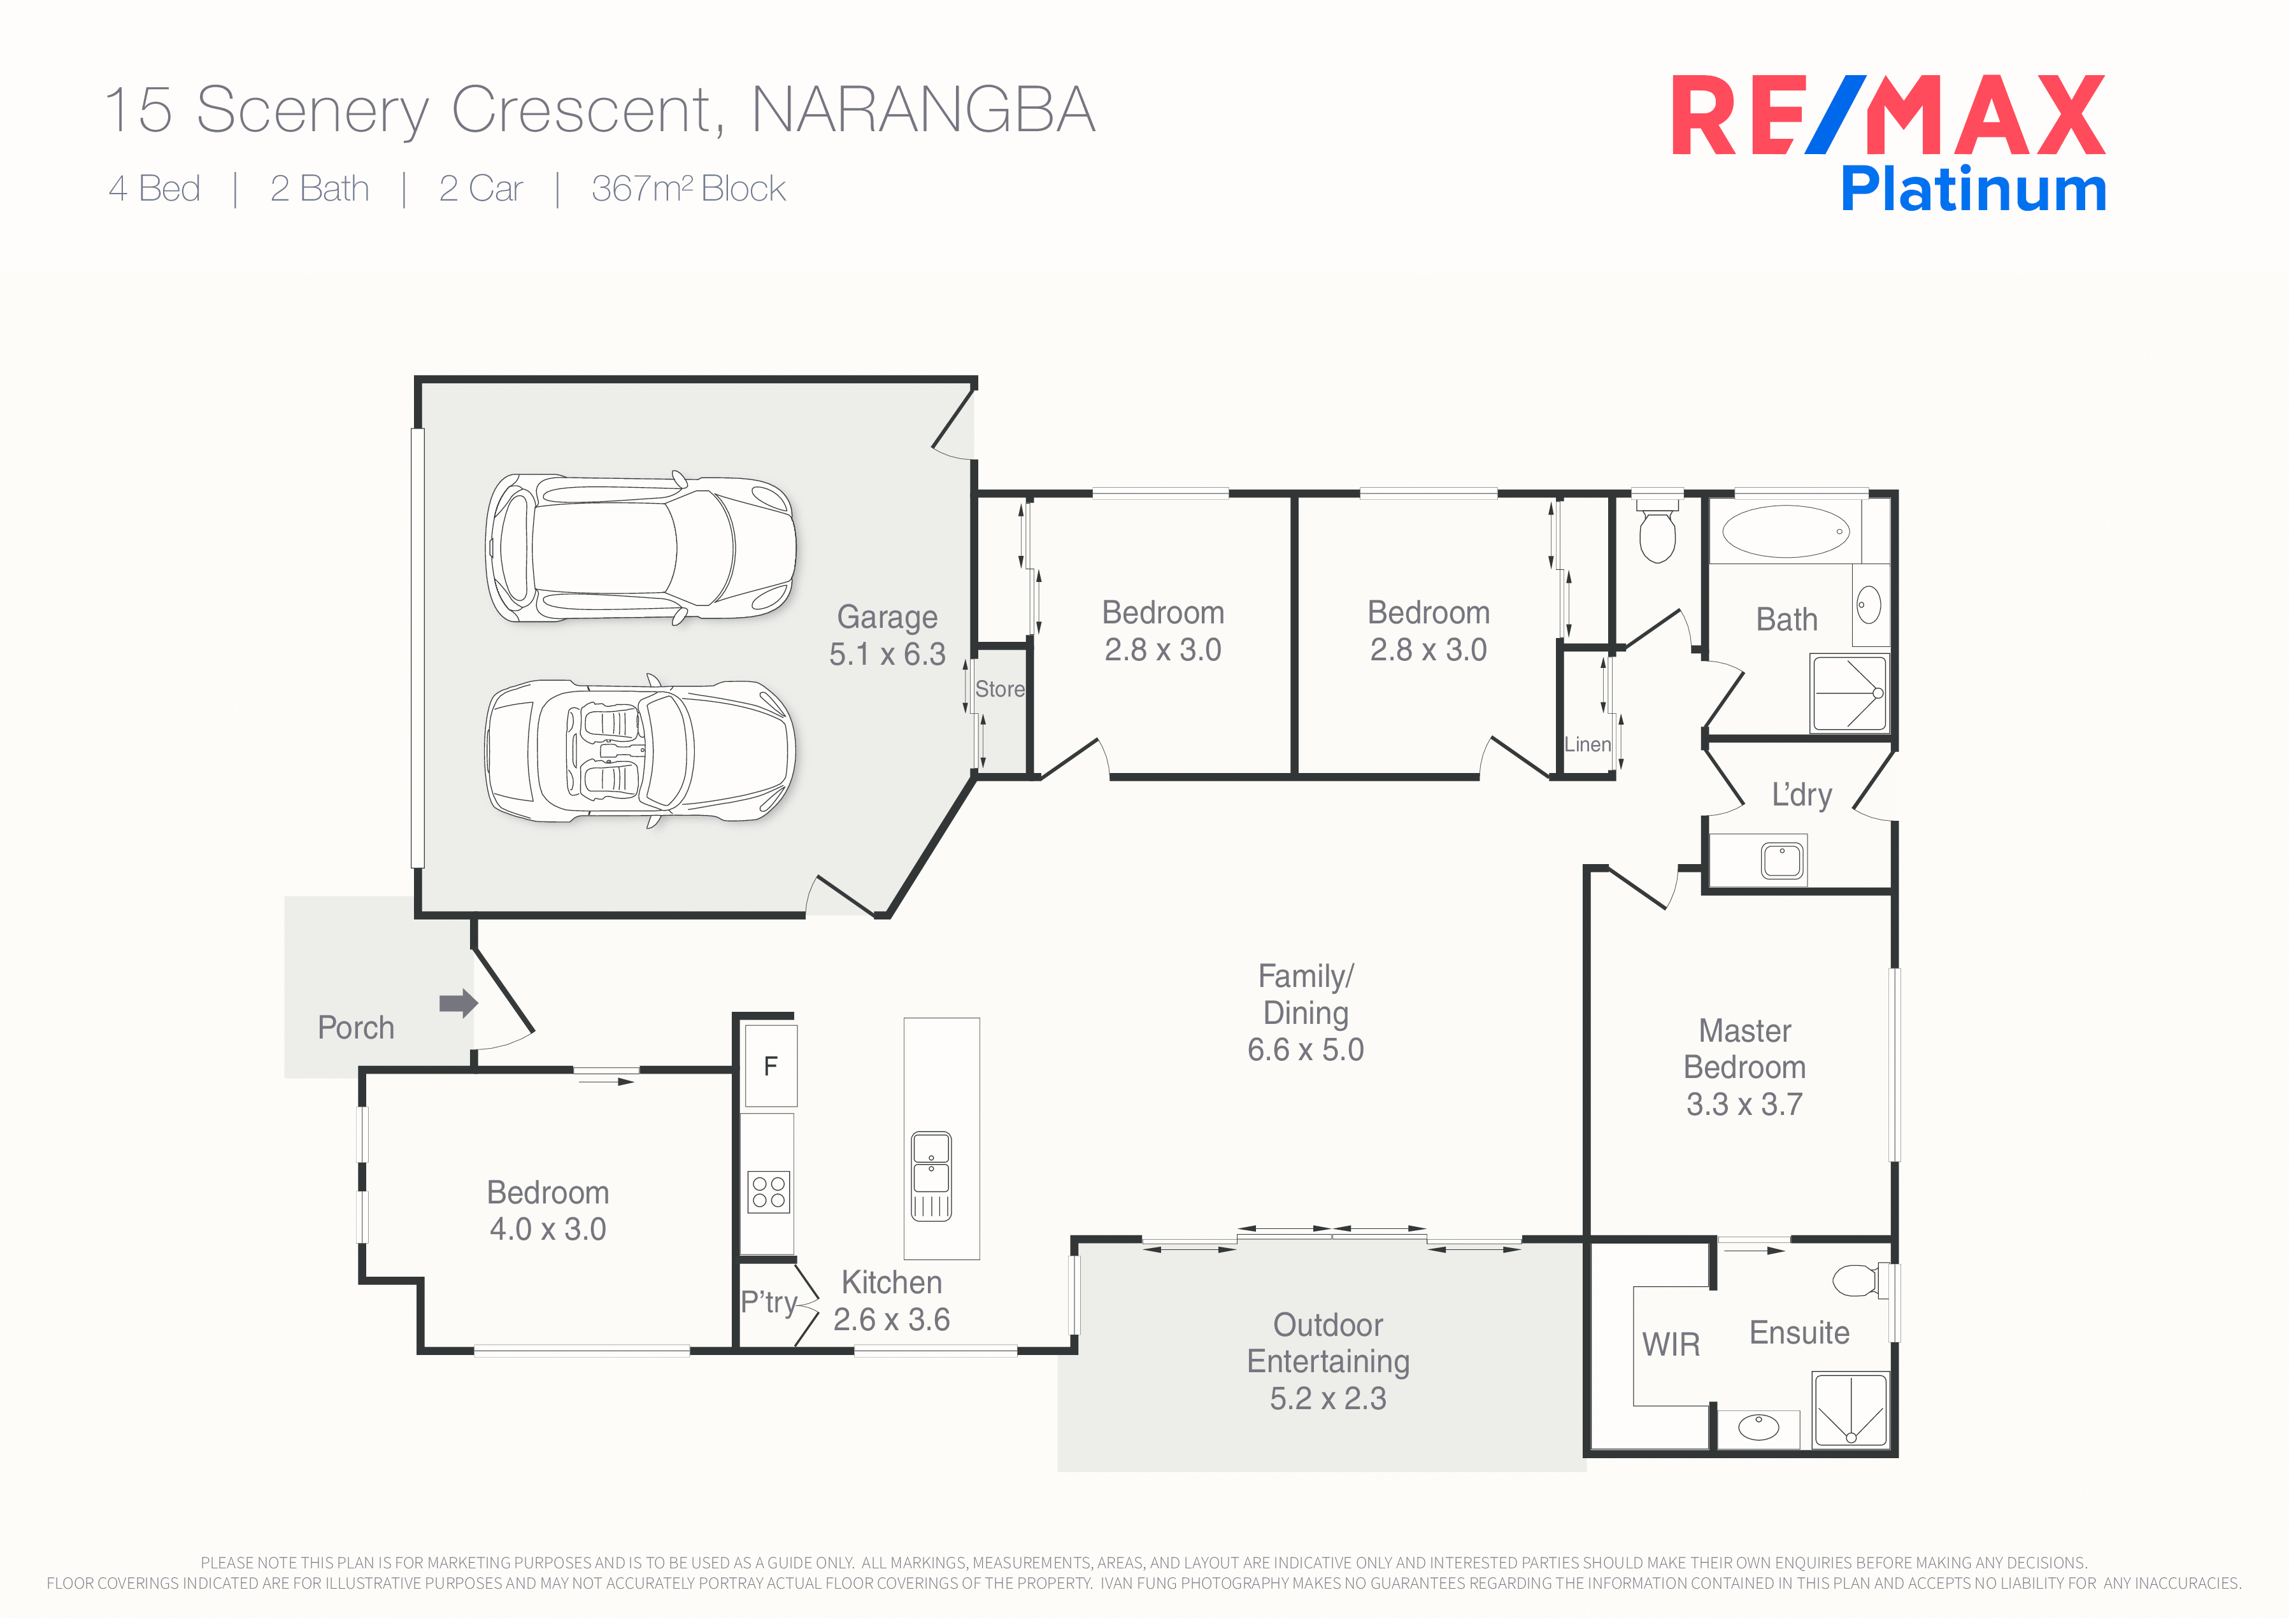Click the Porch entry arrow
click(457, 1003)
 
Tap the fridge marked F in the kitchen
click(771, 1066)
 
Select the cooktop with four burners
click(769, 1191)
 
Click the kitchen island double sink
click(931, 1176)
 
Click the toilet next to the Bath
click(1657, 534)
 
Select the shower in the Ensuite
click(1850, 1410)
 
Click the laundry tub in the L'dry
click(1781, 860)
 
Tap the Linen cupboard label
click(1587, 745)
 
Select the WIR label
click(1671, 1345)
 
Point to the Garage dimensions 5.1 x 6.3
click(887, 654)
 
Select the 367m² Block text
click(688, 188)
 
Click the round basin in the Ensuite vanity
click(1758, 1428)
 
